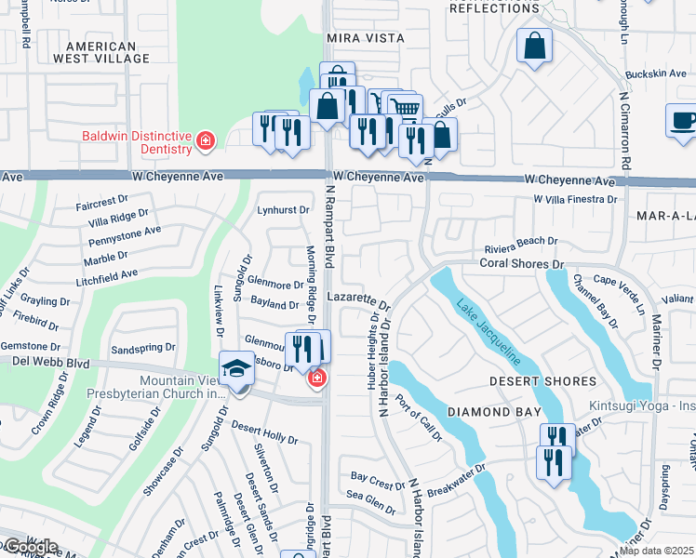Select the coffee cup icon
pyautogui.click(x=682, y=120)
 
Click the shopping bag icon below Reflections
pyautogui.click(x=535, y=46)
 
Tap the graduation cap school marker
pyautogui.click(x=236, y=370)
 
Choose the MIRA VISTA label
pyautogui.click(x=366, y=38)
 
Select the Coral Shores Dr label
pyautogui.click(x=522, y=264)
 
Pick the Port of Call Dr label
pyautogui.click(x=418, y=418)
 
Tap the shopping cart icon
pyautogui.click(x=404, y=108)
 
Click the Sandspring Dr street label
pyautogui.click(x=142, y=347)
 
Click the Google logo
pyautogui.click(x=30, y=547)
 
